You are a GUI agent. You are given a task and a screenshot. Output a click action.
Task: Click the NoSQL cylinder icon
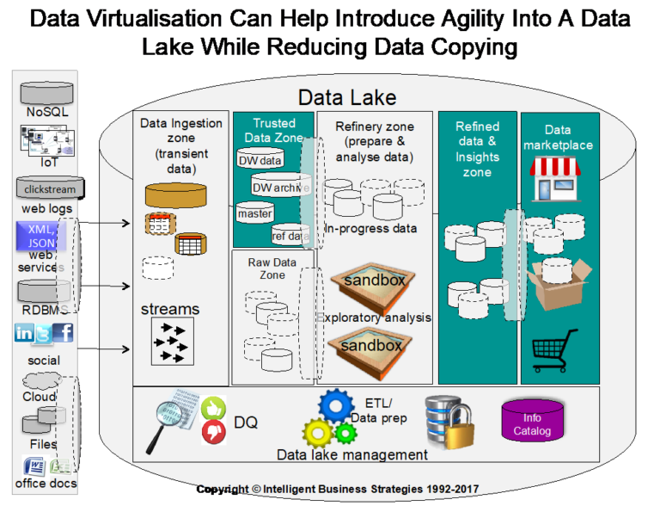(x=47, y=92)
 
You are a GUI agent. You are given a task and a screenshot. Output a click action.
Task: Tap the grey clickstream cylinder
(x=47, y=188)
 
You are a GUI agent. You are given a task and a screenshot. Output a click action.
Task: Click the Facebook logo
(x=64, y=333)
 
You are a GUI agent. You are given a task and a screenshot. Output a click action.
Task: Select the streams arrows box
(x=172, y=340)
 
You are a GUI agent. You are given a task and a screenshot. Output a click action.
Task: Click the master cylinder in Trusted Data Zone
(x=254, y=213)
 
